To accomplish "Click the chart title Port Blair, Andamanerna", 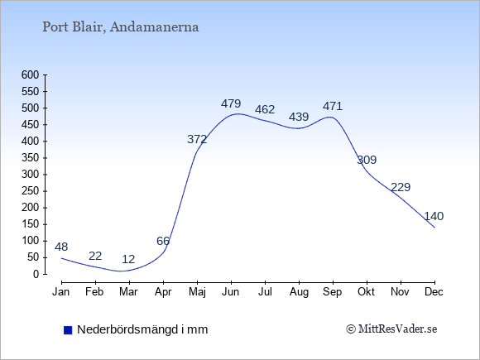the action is [x=121, y=27].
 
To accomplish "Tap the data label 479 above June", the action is [x=231, y=103].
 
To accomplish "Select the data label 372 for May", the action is [x=197, y=140].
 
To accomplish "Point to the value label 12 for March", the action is [x=128, y=259].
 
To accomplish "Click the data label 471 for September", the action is [x=333, y=106].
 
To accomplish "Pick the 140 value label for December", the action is [x=434, y=217].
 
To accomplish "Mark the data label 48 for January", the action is [x=61, y=247].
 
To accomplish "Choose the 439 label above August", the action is [x=299, y=117].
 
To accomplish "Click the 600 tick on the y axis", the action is [x=31, y=74].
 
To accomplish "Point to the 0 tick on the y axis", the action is [x=36, y=274].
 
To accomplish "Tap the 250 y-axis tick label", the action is [x=31, y=191].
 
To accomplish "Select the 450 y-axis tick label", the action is [x=31, y=125].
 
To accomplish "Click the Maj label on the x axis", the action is [x=197, y=292].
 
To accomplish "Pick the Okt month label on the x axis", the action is [x=366, y=292].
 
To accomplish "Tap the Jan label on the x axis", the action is [x=61, y=292].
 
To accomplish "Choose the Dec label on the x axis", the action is [x=434, y=292].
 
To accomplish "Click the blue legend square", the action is [x=68, y=330].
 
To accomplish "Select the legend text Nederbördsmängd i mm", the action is [x=142, y=329].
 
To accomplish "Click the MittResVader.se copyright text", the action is [x=391, y=329].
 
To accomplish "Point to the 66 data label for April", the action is [x=163, y=241].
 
